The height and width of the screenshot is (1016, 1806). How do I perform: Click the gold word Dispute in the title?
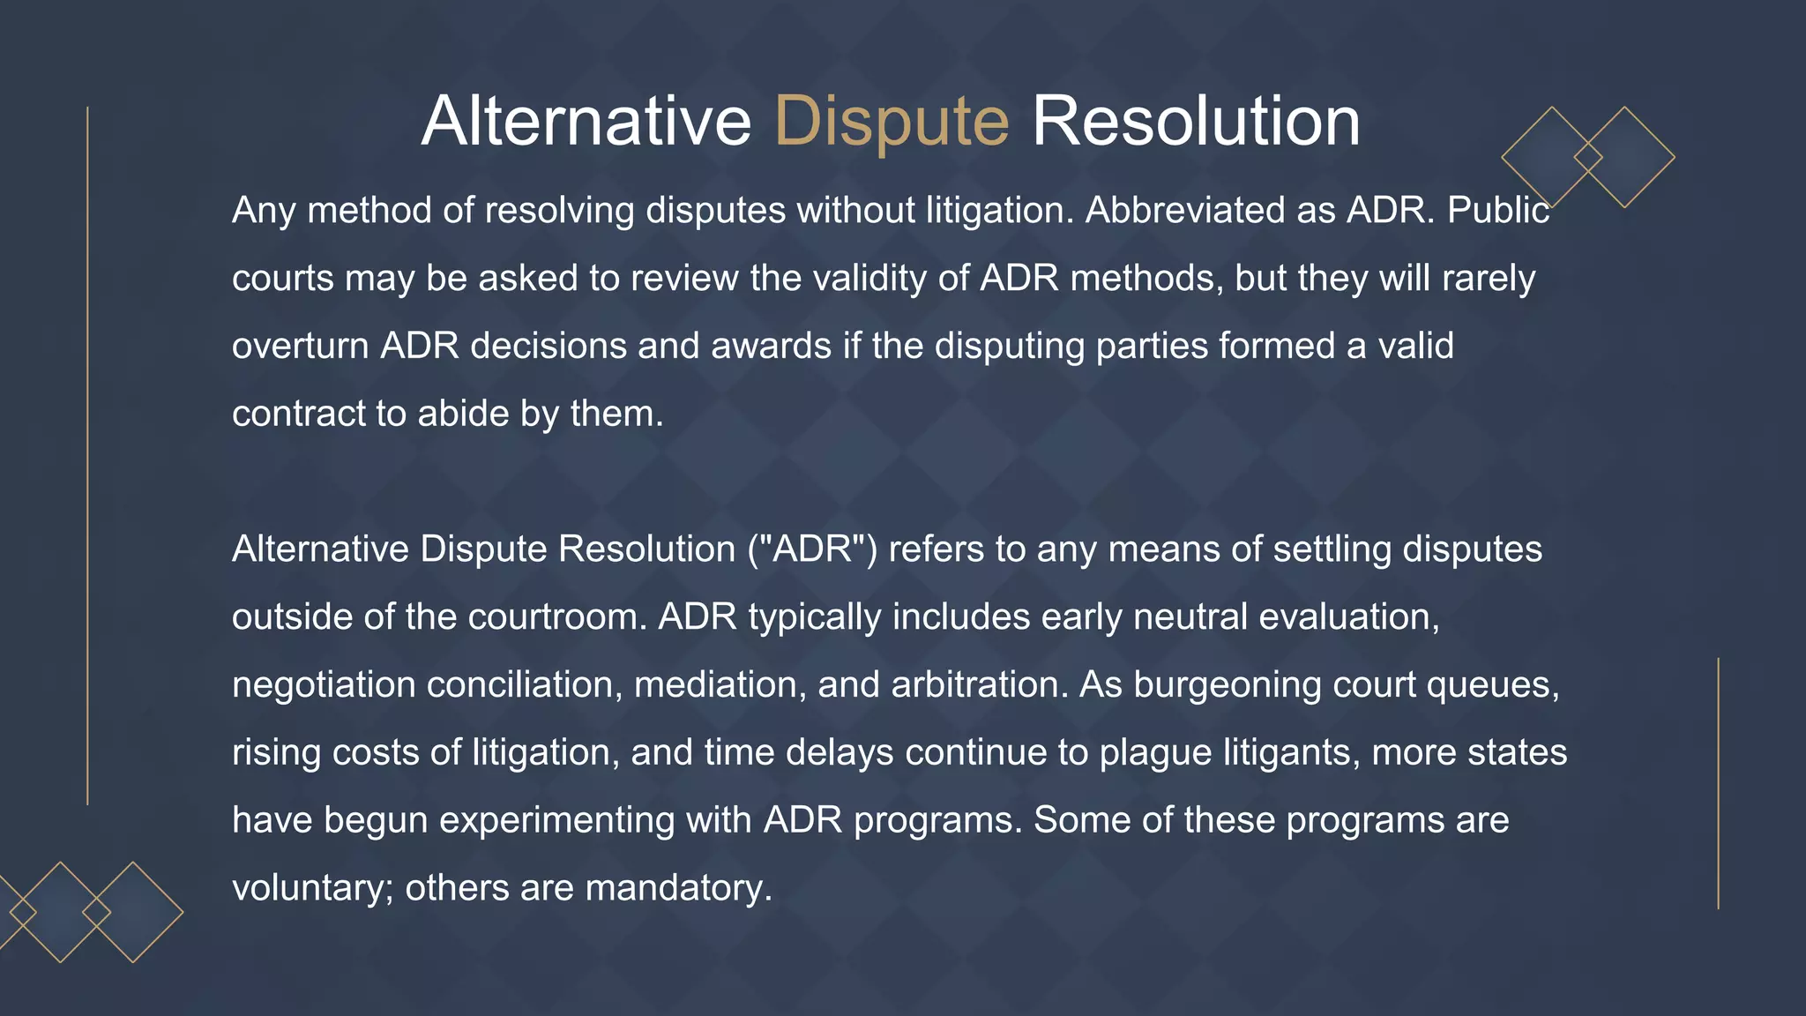tap(892, 122)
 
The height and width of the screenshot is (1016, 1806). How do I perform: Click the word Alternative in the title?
tap(586, 122)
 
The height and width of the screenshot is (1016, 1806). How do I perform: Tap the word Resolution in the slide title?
tap(1196, 122)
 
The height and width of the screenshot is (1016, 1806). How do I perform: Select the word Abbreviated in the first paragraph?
tap(1184, 211)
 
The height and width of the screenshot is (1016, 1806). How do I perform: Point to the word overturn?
tap(300, 346)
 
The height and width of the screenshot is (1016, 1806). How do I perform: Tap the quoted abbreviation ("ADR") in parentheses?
tap(812, 549)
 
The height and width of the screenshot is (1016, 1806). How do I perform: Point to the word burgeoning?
tap(1227, 684)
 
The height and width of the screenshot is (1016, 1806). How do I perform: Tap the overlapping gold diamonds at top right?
tap(1587, 157)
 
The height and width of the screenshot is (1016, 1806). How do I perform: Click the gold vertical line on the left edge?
tap(87, 455)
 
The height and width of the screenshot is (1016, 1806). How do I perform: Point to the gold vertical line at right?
tap(1718, 783)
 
